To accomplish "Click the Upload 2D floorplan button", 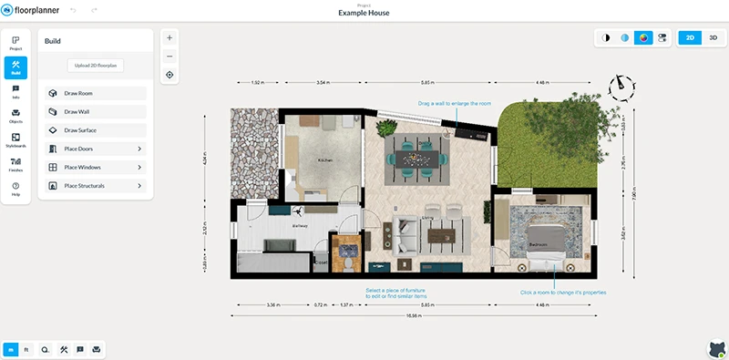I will [x=95, y=66].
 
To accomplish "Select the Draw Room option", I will [x=95, y=93].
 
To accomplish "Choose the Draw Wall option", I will [x=95, y=111].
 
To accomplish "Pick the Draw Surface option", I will [x=95, y=130].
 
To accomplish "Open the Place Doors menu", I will [x=95, y=149].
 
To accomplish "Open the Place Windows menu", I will [x=95, y=168].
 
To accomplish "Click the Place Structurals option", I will [x=95, y=186].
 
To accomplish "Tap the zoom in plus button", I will [x=169, y=38].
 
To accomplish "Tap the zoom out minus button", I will [x=169, y=57].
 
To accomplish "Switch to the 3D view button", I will [x=714, y=38].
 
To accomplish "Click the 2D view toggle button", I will [x=691, y=38].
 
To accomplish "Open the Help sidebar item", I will [x=15, y=189].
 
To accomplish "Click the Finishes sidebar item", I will [x=15, y=165].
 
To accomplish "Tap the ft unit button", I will [x=26, y=349].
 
